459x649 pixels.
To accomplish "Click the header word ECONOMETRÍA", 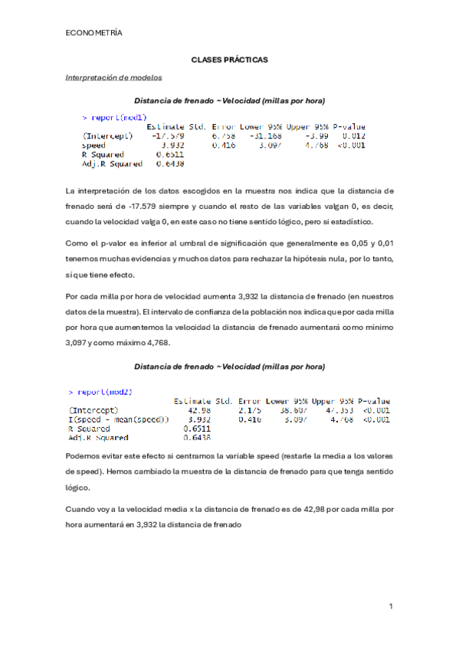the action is point(94,33).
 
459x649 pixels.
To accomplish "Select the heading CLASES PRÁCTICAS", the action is point(229,60).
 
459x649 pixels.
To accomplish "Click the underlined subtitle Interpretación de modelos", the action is point(113,77).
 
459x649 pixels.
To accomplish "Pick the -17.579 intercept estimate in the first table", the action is point(169,135).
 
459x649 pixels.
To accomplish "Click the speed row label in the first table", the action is point(94,145).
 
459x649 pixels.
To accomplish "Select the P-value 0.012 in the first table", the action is point(352,135).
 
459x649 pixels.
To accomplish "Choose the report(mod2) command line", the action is point(105,392).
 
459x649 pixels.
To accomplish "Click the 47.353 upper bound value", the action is point(336,410).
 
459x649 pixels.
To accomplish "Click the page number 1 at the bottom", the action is point(390,606).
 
